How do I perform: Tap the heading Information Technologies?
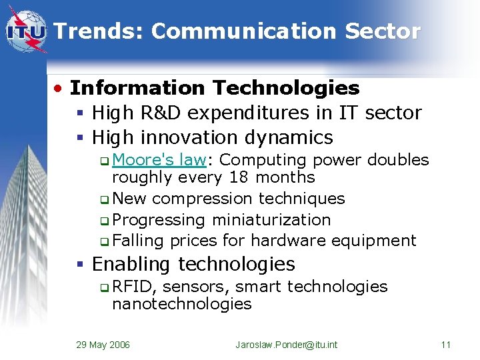[215, 88]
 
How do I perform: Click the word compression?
[202, 199]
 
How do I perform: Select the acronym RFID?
[134, 287]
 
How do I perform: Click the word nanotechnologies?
[181, 305]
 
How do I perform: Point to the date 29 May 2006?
[103, 345]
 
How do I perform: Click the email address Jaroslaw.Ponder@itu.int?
[287, 345]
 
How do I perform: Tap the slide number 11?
[446, 345]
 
